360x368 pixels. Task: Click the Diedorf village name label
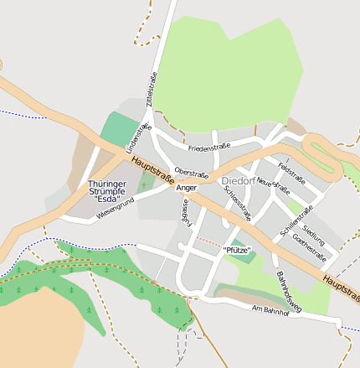239,180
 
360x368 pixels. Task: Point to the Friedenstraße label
209,148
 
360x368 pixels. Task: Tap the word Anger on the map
188,188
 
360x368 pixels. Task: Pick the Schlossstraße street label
238,202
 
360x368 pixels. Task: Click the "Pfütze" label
237,250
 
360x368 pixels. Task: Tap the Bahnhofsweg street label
288,291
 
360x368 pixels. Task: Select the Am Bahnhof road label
270,311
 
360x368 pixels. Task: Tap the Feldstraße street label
291,176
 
